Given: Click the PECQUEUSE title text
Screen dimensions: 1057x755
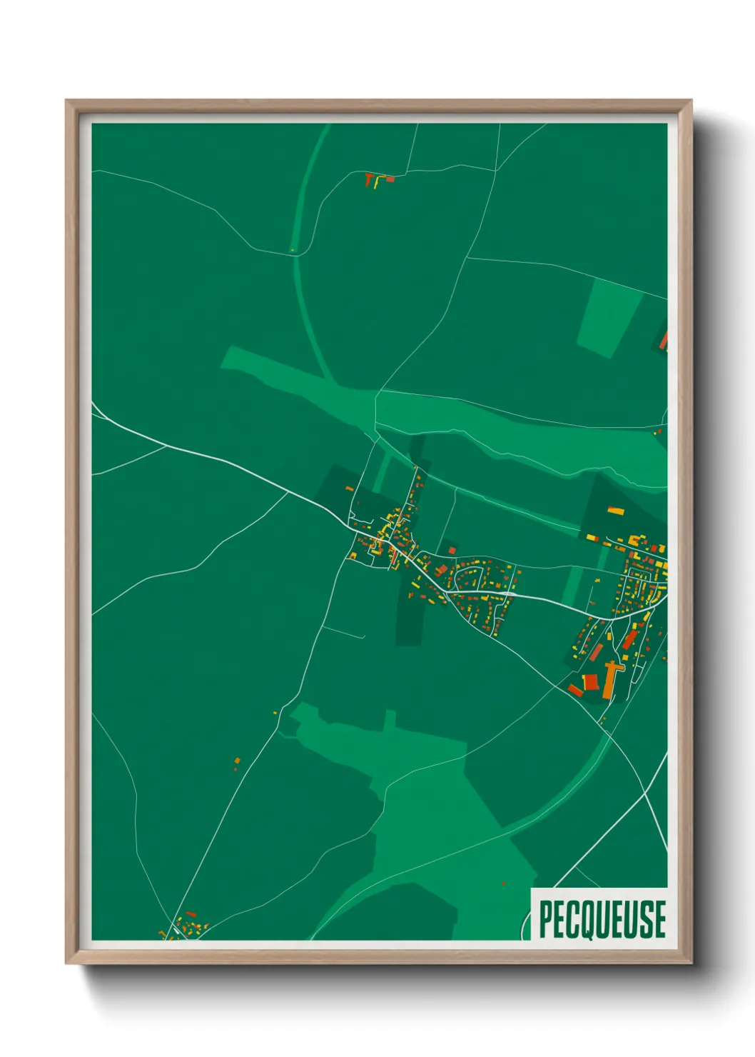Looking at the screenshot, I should (602, 919).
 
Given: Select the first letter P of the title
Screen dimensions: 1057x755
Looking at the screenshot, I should (546, 919).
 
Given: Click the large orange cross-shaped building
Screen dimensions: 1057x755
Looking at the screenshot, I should (611, 678).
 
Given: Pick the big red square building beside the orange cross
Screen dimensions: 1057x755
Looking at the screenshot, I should (590, 681).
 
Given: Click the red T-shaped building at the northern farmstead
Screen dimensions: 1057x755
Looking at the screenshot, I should (369, 179).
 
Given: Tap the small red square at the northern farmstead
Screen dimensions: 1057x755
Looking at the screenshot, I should (390, 179).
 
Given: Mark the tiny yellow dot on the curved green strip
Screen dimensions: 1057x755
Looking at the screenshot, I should (292, 250).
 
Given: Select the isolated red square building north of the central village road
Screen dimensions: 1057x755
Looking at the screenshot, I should (451, 550).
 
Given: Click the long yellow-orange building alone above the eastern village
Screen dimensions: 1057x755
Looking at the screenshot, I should (615, 511).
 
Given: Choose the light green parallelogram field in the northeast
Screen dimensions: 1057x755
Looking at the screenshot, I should (608, 317).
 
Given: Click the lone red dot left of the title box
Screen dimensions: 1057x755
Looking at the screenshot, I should (504, 883).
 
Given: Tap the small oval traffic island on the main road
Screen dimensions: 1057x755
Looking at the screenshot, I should (510, 593).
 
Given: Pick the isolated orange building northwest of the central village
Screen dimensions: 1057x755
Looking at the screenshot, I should (350, 489).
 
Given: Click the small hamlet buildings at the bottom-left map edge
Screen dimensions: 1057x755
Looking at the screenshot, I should (187, 926).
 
